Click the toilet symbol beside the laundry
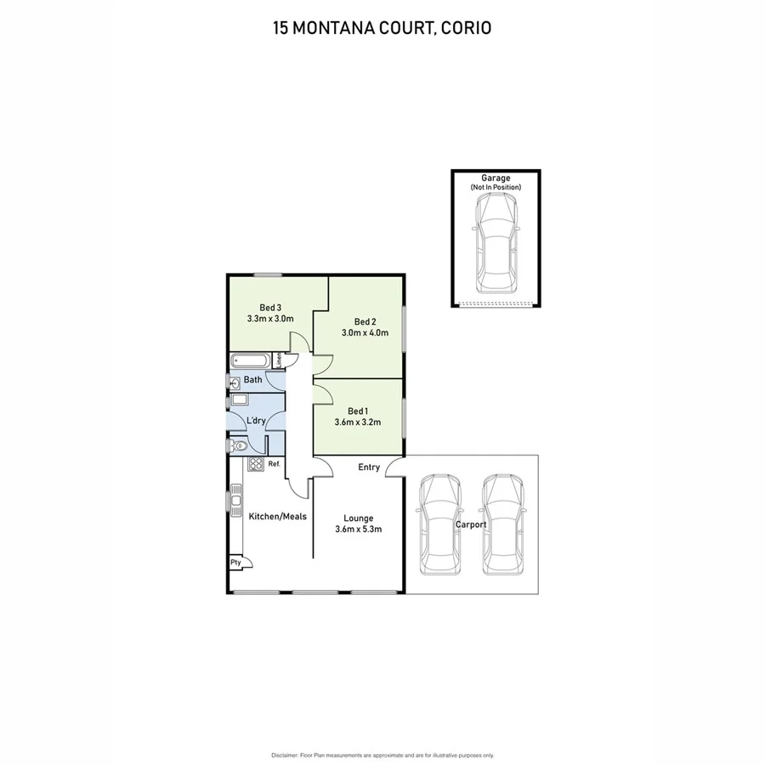(239, 445)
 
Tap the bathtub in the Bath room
(250, 361)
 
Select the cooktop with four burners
(255, 464)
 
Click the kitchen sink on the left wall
(235, 500)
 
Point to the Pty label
(235, 563)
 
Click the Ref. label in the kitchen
(274, 464)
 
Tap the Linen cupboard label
(277, 360)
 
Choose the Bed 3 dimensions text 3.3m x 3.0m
(269, 320)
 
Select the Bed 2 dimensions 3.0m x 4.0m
(365, 333)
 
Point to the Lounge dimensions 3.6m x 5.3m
(358, 530)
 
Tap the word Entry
(369, 467)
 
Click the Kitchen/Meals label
(277, 516)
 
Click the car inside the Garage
(496, 241)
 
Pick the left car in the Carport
(439, 523)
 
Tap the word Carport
(471, 524)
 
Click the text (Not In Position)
(496, 187)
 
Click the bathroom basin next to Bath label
(234, 381)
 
